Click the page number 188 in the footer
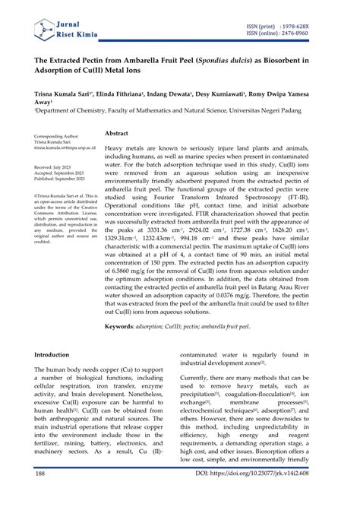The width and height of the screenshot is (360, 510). click(41, 495)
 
